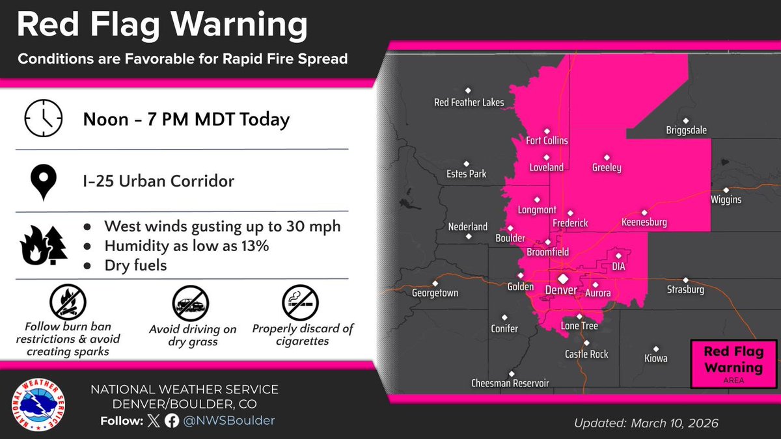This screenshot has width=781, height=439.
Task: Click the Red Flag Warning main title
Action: [x=162, y=25]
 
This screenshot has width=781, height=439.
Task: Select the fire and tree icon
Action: [x=44, y=246]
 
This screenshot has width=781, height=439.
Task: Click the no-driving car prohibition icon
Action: [x=191, y=302]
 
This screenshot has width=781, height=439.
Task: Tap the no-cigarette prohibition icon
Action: [x=300, y=302]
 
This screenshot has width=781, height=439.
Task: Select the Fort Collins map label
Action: [x=547, y=140]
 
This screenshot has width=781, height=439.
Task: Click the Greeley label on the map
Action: [x=607, y=168]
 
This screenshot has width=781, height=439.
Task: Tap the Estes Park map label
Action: [x=466, y=174]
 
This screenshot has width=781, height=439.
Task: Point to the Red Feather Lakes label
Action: [x=469, y=103]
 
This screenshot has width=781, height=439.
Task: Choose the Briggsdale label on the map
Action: [x=686, y=131]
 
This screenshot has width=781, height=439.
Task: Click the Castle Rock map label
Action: [x=586, y=354]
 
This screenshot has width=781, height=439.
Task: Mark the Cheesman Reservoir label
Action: [x=510, y=384]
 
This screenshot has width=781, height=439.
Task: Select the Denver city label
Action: [x=561, y=290]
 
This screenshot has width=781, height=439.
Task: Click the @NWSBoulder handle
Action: [x=230, y=421]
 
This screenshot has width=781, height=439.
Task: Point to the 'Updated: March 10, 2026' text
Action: [x=646, y=423]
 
